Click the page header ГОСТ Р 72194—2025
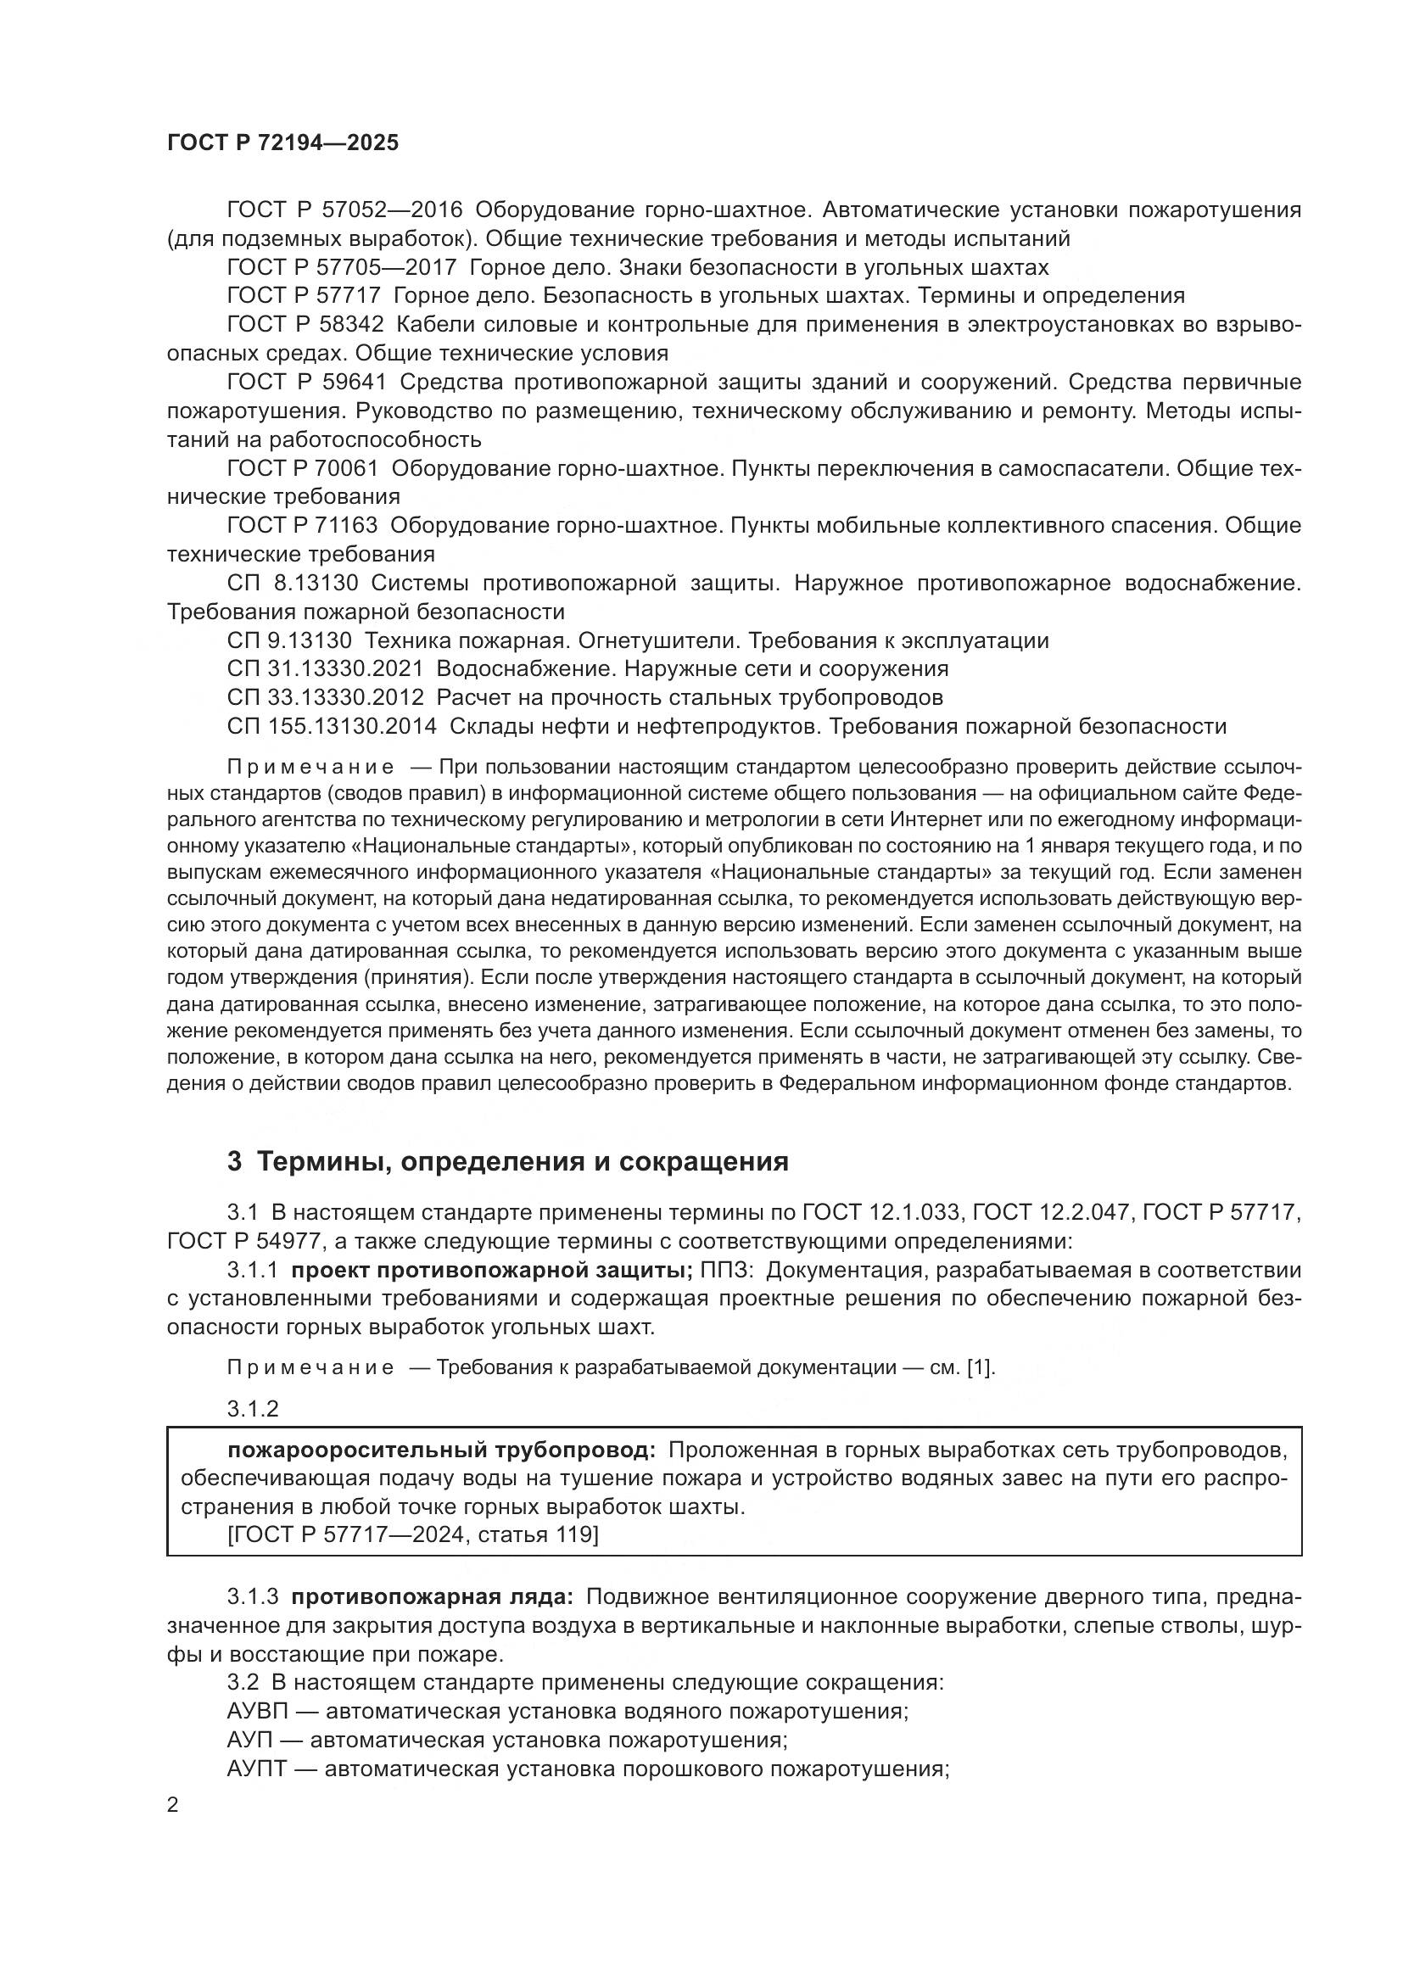point(282,143)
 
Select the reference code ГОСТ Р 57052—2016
point(344,210)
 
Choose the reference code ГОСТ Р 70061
point(303,468)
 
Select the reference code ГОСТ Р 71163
point(303,525)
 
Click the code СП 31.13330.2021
point(326,668)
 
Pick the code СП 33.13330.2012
point(326,697)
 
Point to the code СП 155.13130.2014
point(332,726)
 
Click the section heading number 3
point(234,1162)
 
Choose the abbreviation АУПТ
point(255,1769)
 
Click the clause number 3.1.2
point(252,1410)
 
